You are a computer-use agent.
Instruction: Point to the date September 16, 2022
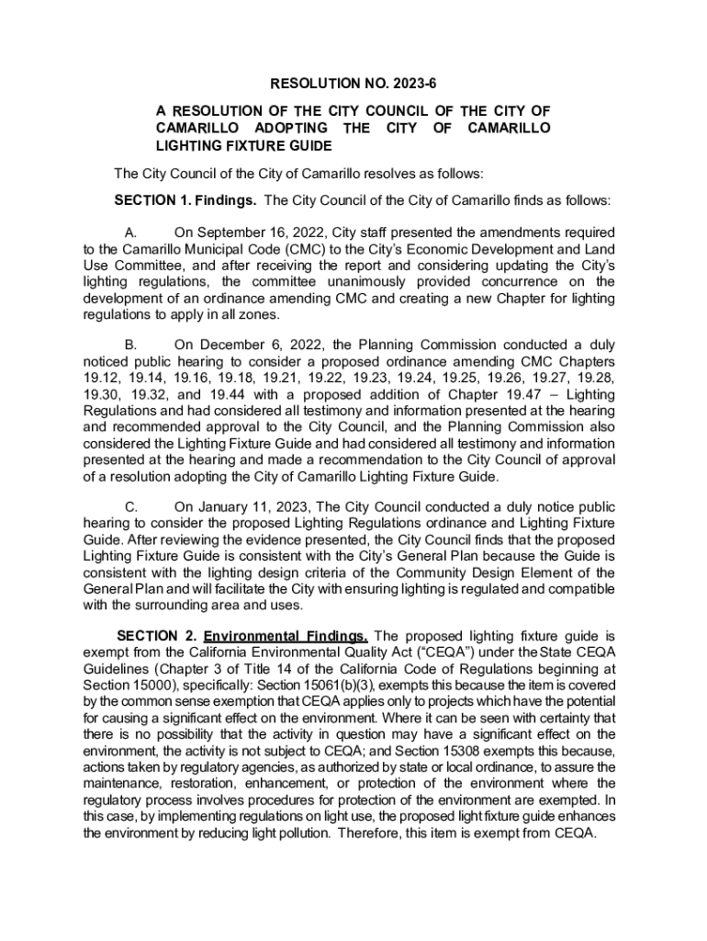coord(260,233)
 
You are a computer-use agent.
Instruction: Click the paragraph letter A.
coord(130,233)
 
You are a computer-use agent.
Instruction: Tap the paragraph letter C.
coord(130,507)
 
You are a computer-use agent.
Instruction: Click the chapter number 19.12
coord(101,379)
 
